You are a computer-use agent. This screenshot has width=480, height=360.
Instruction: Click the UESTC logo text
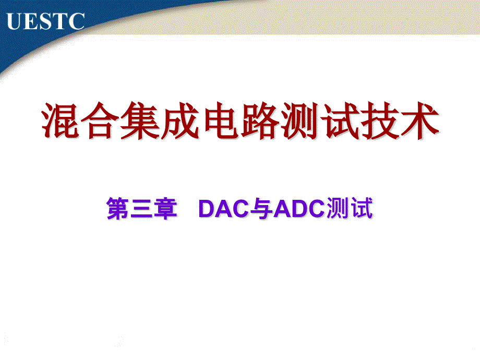click(x=45, y=21)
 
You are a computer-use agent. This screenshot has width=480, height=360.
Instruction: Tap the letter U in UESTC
click(x=15, y=21)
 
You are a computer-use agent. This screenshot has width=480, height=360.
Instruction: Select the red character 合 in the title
click(x=100, y=121)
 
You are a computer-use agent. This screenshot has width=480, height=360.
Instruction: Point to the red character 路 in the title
click(x=260, y=121)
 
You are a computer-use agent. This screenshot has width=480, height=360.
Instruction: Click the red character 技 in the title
click(x=380, y=121)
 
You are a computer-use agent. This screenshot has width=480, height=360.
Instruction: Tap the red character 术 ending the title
click(x=420, y=121)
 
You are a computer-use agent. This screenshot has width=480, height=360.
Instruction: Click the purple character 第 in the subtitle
click(x=117, y=208)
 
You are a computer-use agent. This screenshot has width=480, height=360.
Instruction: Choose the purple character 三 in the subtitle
click(x=141, y=209)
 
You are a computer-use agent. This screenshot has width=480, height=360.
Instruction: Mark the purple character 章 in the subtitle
click(x=165, y=208)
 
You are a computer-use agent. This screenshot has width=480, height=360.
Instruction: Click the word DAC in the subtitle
click(x=224, y=209)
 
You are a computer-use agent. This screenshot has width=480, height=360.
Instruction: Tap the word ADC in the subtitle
click(x=299, y=209)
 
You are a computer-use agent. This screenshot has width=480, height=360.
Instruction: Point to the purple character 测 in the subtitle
click(x=338, y=208)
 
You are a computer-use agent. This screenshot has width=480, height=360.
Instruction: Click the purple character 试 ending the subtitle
click(x=362, y=208)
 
